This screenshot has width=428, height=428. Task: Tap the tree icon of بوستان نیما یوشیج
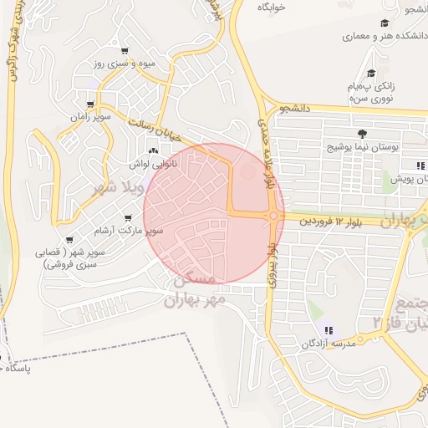click(361, 133)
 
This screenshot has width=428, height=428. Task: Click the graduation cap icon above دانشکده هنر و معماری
click(384, 23)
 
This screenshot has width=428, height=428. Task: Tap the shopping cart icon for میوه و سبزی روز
click(125, 50)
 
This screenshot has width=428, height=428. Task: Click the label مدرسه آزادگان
click(329, 343)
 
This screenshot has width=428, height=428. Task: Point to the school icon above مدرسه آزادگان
click(329, 330)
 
